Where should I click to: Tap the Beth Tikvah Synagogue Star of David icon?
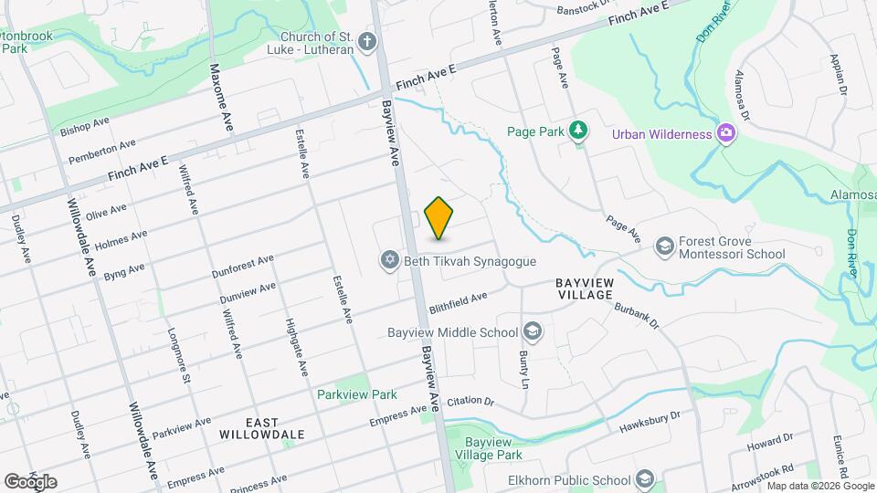point(389,262)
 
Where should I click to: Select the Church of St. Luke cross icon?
point(367,42)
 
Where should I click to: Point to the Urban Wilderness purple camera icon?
point(726,134)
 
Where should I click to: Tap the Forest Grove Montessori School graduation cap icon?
point(664,246)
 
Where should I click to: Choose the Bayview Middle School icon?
point(534,331)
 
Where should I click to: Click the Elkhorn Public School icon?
point(645,480)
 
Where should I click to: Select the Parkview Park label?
point(357,394)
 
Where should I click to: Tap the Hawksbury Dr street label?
point(650,419)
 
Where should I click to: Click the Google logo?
point(30,481)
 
